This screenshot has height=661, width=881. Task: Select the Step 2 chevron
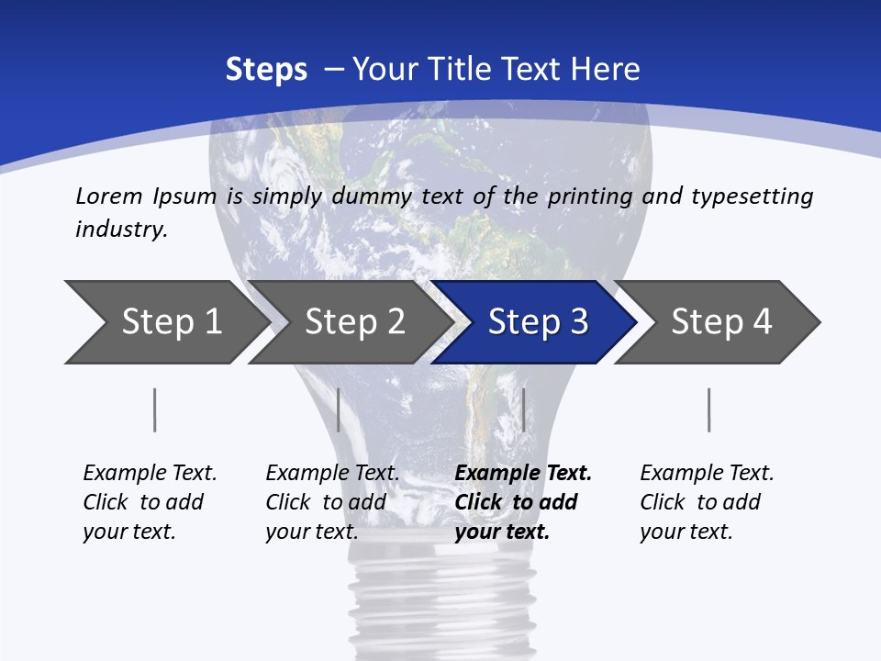point(354,322)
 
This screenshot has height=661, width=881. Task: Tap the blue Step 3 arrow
point(538,322)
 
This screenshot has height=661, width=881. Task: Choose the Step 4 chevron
point(721,322)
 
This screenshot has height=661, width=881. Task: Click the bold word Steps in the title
point(266,70)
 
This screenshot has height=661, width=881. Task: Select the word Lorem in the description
point(109,196)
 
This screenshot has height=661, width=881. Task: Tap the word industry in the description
point(121,230)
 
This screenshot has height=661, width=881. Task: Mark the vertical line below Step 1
point(155,409)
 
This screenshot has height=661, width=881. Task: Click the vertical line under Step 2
point(339,409)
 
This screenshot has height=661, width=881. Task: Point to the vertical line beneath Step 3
point(523,409)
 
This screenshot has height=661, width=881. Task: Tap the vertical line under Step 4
point(708,409)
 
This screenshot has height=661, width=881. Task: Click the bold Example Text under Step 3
point(523,474)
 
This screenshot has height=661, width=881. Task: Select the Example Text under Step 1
point(150,474)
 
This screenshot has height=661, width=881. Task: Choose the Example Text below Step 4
point(707,474)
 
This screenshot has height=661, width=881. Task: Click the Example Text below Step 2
point(332,474)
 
